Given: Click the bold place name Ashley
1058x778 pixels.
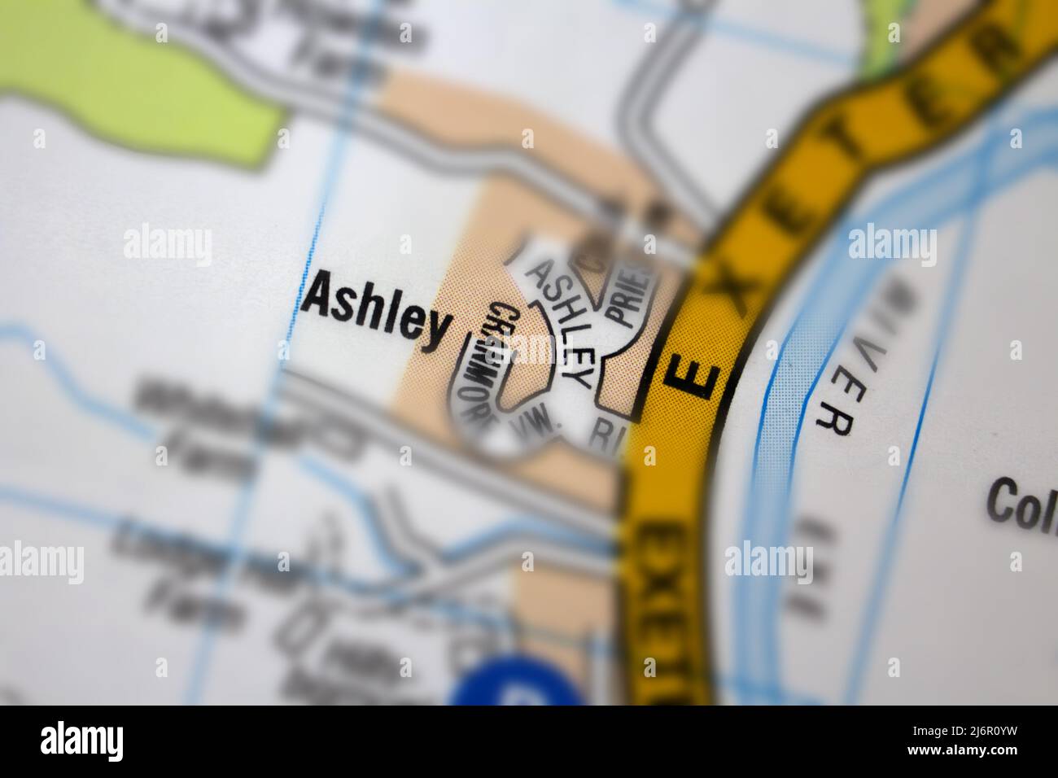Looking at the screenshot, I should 375,313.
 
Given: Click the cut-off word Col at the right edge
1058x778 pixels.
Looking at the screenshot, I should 1021,500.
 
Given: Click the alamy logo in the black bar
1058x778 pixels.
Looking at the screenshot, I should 81,741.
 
